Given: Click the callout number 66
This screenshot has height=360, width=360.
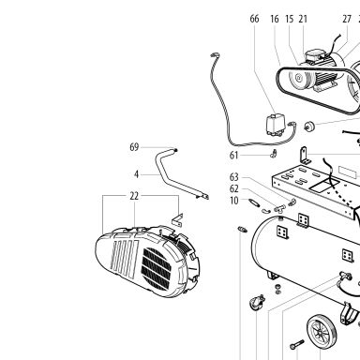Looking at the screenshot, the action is [x=254, y=19].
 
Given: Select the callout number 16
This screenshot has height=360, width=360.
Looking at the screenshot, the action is [x=275, y=19].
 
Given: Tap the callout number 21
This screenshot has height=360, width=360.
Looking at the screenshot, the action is [x=303, y=19].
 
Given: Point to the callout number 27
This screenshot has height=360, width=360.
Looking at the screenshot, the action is [x=347, y=19].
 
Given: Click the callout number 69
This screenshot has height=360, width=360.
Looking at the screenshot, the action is [x=134, y=147].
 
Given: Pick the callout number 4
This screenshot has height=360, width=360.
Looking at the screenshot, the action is [x=136, y=174].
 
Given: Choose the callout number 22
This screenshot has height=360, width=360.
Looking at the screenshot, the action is [x=134, y=196].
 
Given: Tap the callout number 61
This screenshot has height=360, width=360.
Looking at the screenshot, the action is [x=234, y=155].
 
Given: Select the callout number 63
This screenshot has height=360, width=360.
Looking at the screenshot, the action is [x=234, y=177].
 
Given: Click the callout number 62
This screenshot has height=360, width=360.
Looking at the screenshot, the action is [x=234, y=188].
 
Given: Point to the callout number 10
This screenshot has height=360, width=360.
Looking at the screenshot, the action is [x=234, y=201].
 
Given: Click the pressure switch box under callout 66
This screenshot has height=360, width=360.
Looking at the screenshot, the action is [x=274, y=125].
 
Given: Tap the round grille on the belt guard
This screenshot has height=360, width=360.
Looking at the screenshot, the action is [x=157, y=268].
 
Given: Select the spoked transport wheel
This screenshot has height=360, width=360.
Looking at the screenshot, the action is [x=322, y=331].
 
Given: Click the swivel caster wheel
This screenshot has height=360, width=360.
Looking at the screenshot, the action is [x=257, y=303].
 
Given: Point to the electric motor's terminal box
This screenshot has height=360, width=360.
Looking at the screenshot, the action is [x=315, y=55].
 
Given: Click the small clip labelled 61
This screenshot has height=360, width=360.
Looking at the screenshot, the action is [x=274, y=154].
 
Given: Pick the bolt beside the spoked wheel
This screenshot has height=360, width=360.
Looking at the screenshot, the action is [x=296, y=344].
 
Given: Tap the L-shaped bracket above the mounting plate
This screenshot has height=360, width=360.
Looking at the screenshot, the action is [x=305, y=156].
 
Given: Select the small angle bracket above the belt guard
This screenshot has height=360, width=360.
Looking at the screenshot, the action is [x=177, y=219].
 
